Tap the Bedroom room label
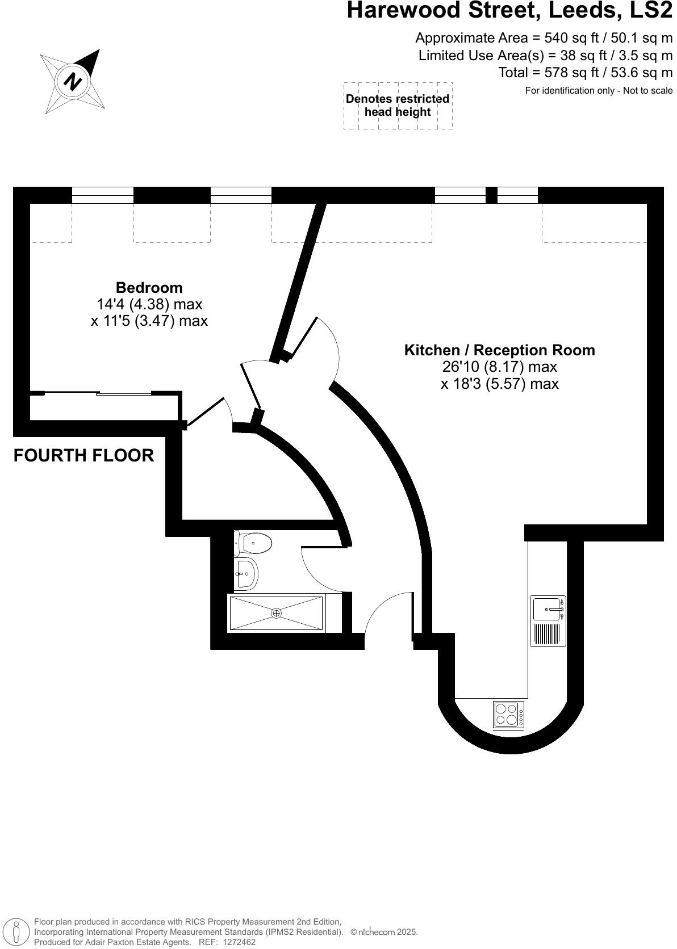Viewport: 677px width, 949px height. point(149,287)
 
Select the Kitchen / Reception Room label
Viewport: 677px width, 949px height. point(499,350)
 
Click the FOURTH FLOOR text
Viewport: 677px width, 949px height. point(83,455)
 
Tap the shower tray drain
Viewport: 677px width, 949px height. point(277,612)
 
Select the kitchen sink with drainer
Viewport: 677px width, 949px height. point(548,621)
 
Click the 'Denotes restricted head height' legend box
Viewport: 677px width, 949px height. point(398,106)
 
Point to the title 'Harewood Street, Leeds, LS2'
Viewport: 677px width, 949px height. point(509,10)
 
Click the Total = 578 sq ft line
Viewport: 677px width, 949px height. point(585,73)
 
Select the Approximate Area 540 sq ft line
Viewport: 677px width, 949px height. point(544,38)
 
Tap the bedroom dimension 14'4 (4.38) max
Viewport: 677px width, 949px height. point(149,304)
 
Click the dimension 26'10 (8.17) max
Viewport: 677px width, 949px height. point(499,367)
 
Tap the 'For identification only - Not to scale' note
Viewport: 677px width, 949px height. point(599,90)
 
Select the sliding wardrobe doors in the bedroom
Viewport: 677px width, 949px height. point(98,393)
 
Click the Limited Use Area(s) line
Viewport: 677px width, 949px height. point(545,56)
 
